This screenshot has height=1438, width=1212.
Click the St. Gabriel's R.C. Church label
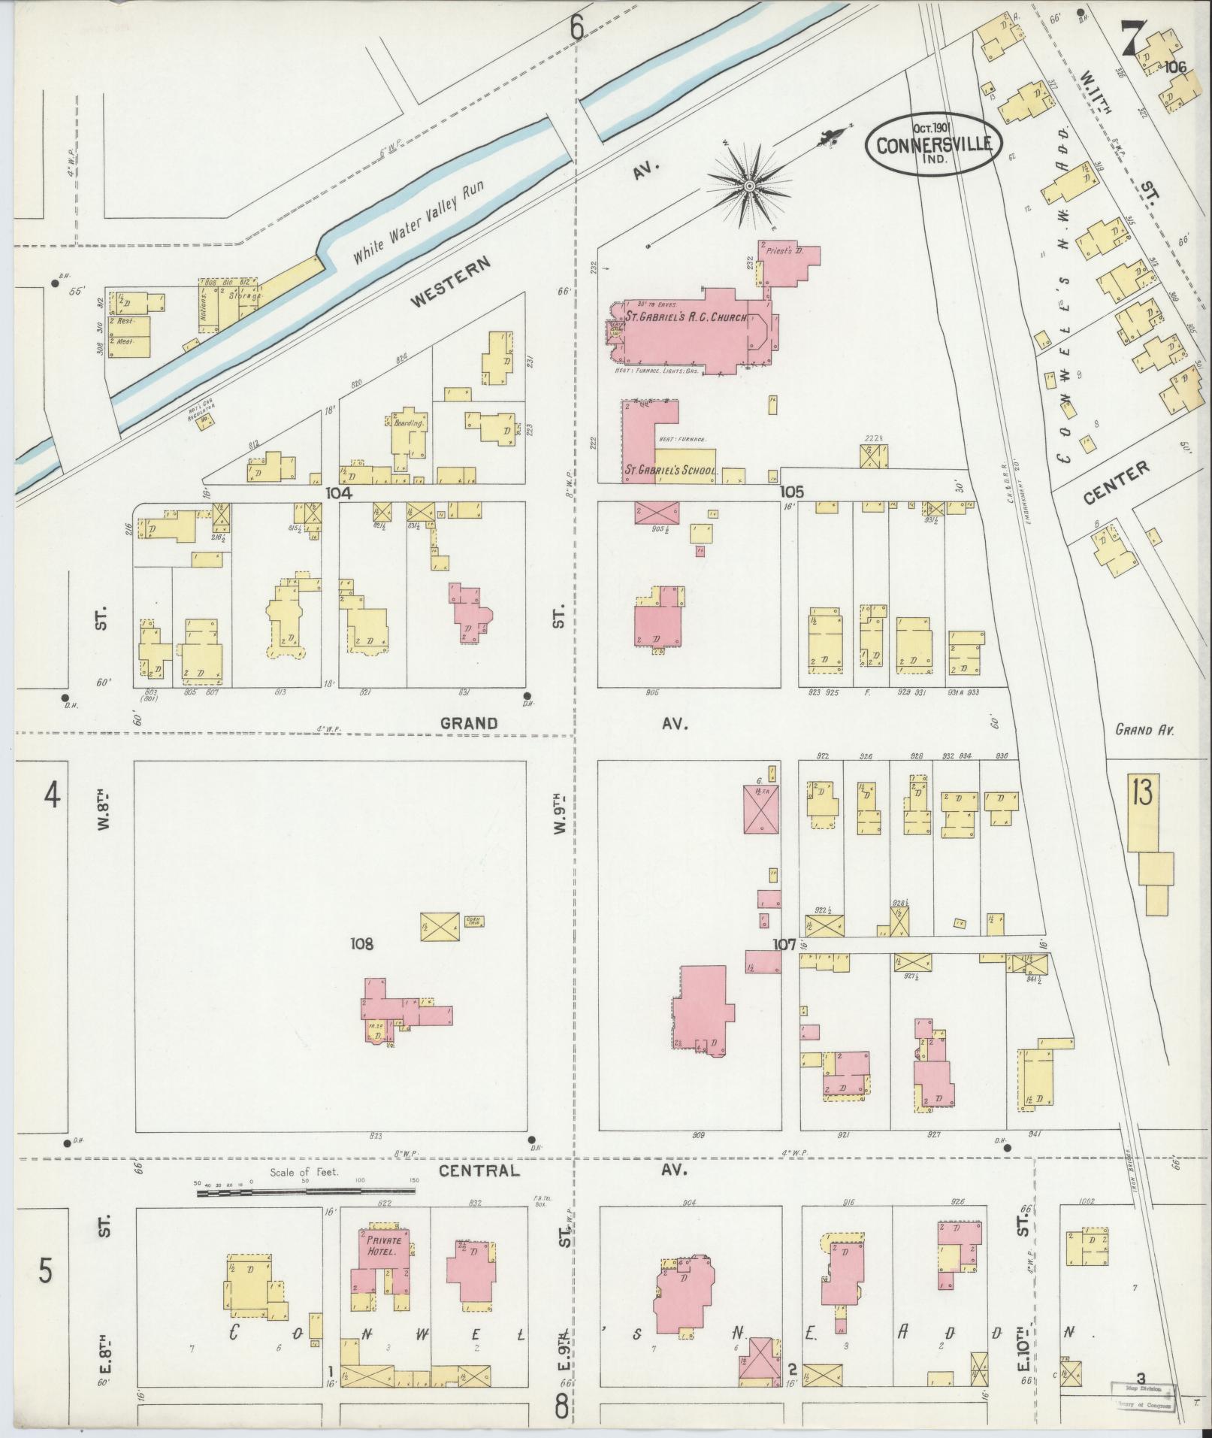click(x=687, y=317)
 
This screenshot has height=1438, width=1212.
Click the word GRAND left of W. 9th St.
click(x=468, y=723)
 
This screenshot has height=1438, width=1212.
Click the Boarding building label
click(x=409, y=423)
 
